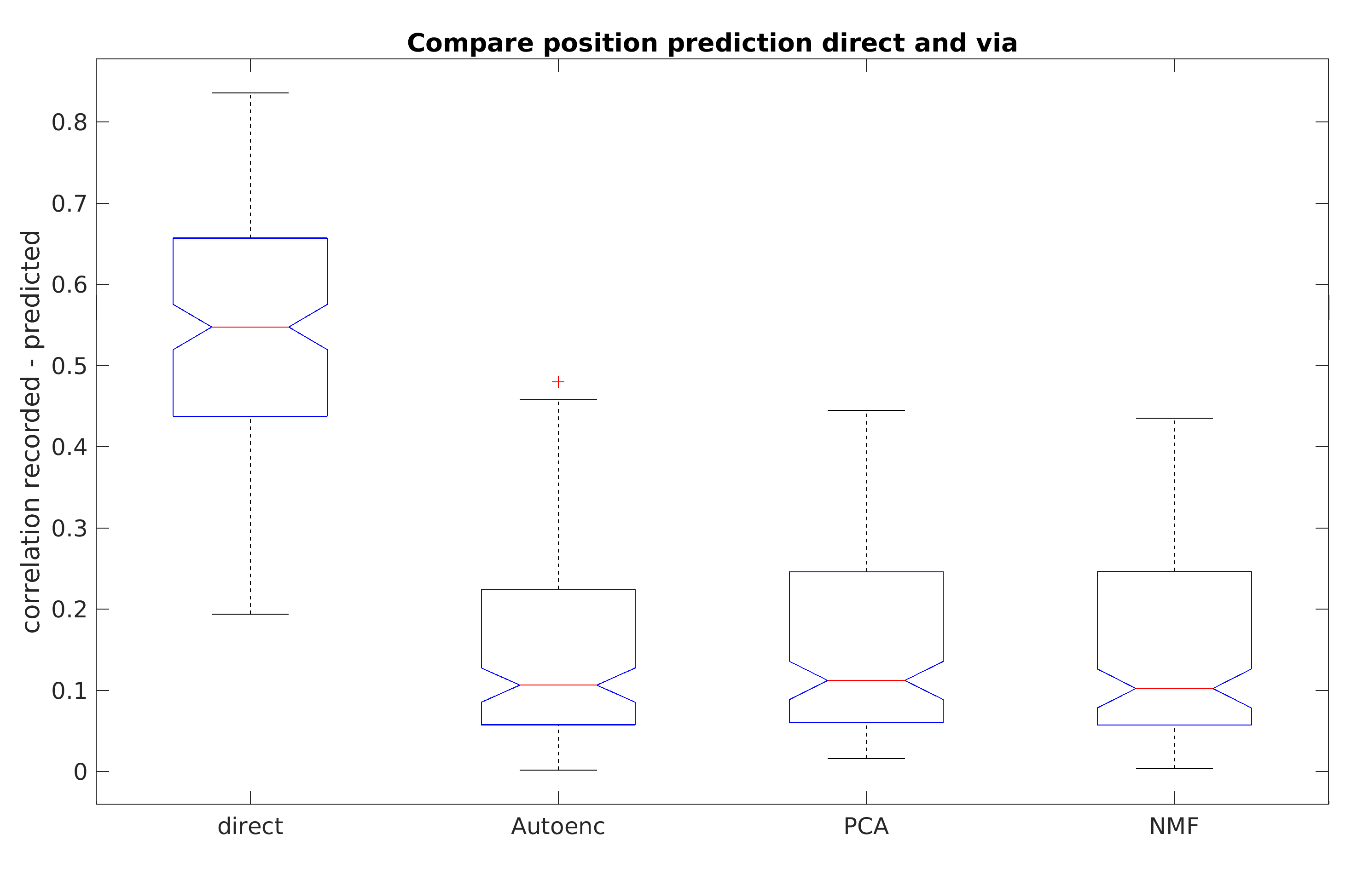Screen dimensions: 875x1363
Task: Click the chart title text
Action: pyautogui.click(x=712, y=44)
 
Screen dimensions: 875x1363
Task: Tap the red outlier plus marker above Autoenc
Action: pyautogui.click(x=558, y=382)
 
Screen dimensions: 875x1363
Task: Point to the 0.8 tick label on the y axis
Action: pyautogui.click(x=70, y=123)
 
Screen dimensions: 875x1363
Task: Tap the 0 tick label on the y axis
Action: pyautogui.click(x=80, y=772)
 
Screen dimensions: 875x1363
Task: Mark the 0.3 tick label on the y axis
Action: pyautogui.click(x=70, y=529)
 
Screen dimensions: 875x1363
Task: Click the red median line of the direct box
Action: pyautogui.click(x=250, y=327)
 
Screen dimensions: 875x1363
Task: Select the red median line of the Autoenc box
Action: pyautogui.click(x=558, y=685)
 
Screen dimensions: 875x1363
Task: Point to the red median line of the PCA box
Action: pyautogui.click(x=866, y=680)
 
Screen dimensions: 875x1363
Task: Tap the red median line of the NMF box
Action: pyautogui.click(x=1174, y=688)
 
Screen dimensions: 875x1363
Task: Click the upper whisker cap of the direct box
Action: pyautogui.click(x=250, y=92)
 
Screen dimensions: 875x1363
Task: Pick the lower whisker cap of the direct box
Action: pyautogui.click(x=250, y=614)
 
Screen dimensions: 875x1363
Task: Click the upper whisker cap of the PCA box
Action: pyautogui.click(x=866, y=410)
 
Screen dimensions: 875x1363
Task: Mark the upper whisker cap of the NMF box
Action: pyautogui.click(x=1174, y=418)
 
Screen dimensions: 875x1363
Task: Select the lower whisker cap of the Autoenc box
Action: pyautogui.click(x=558, y=770)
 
